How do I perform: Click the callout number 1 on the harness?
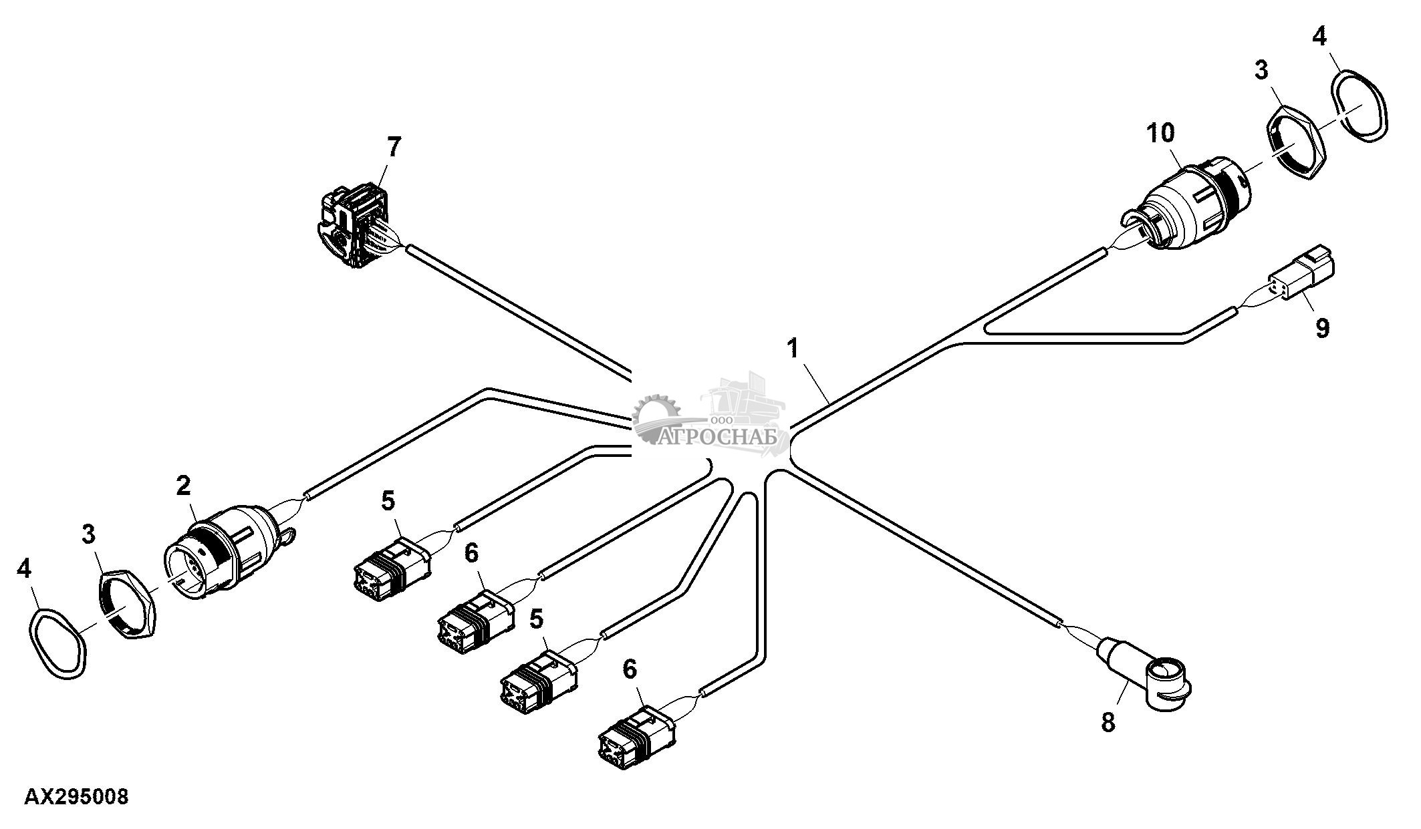(x=793, y=348)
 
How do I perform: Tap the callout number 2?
(x=183, y=486)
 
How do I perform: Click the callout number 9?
(x=1322, y=328)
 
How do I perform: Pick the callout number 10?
(x=1161, y=134)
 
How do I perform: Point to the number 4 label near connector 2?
(x=24, y=569)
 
